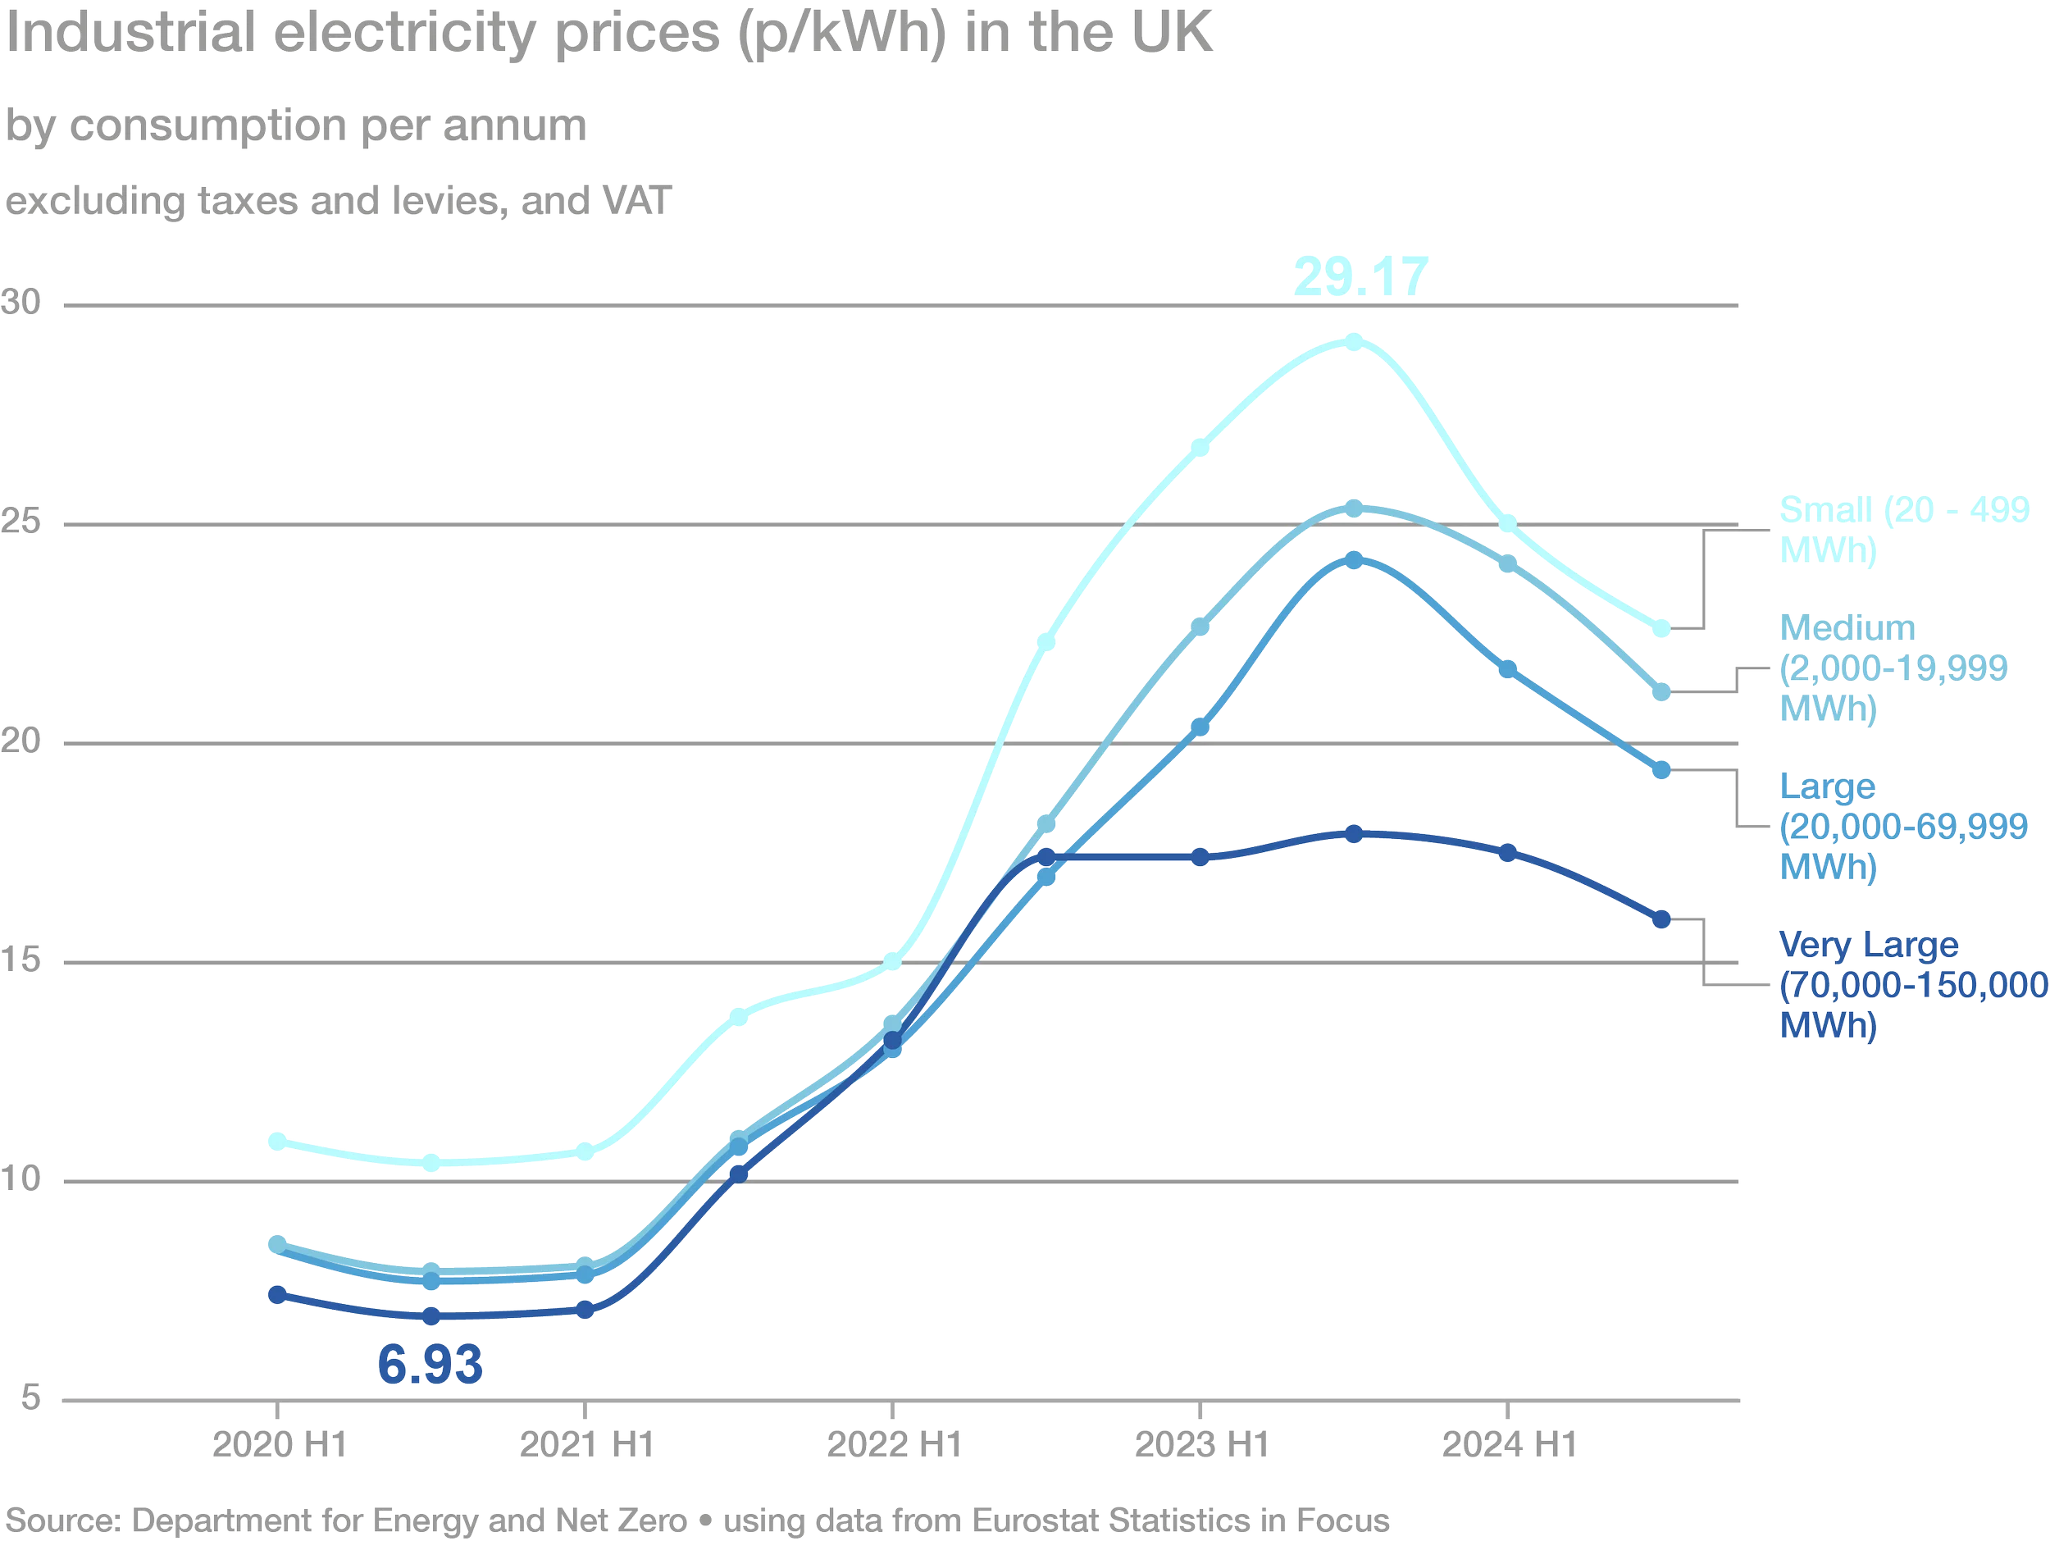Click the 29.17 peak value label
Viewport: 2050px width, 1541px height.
point(1360,276)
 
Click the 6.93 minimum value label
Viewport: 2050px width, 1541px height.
point(430,1364)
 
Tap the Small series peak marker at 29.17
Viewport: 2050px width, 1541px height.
point(1354,342)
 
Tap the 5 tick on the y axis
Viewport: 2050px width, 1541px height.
point(30,1397)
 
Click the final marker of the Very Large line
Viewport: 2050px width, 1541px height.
point(1661,919)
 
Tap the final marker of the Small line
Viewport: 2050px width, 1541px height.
point(1661,629)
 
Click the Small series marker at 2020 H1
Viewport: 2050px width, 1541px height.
point(277,1142)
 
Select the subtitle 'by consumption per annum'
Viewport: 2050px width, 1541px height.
point(297,125)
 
